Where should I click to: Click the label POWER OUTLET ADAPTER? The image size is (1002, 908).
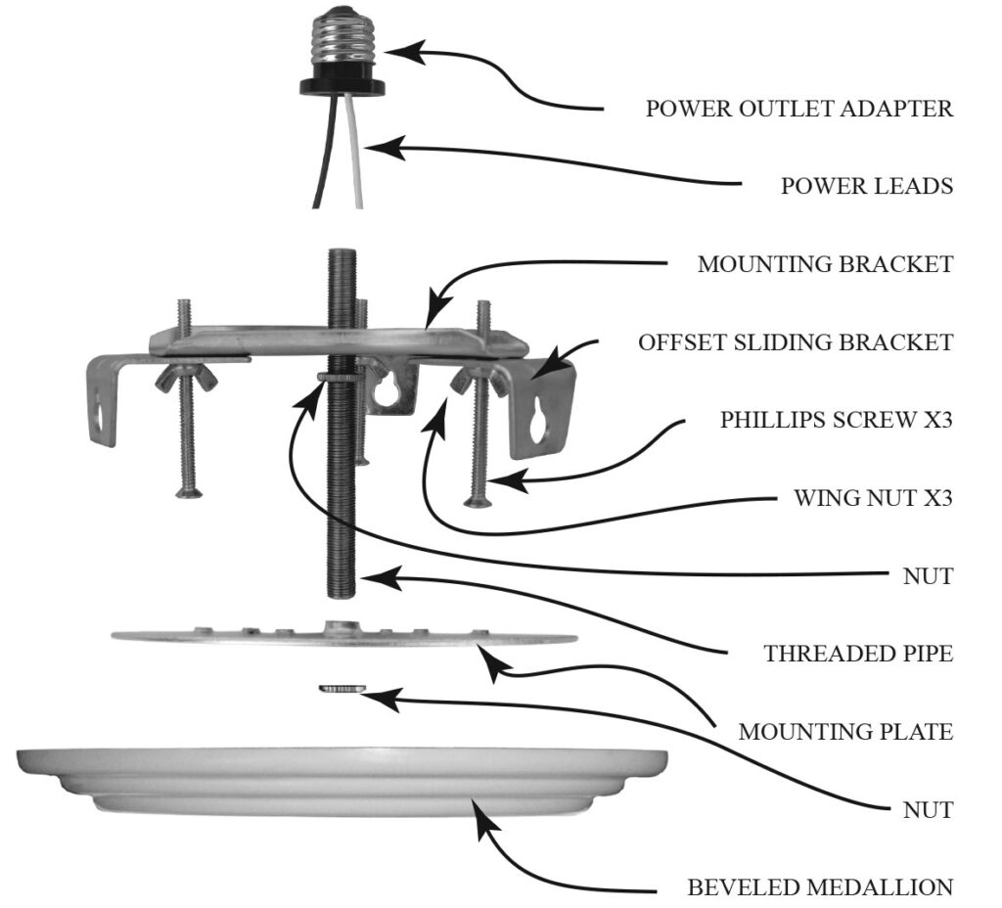pos(798,109)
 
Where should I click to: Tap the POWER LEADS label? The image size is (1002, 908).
pos(866,186)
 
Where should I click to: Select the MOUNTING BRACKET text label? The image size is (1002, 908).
pos(825,264)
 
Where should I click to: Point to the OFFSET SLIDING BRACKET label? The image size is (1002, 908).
pos(795,342)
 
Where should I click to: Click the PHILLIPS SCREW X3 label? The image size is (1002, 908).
pos(837,420)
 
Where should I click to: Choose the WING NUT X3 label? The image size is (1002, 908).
pos(873,498)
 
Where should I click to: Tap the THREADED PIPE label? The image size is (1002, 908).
pos(858,653)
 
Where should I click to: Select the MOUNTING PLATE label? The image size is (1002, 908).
pos(845,731)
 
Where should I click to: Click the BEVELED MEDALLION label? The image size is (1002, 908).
pos(819,887)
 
